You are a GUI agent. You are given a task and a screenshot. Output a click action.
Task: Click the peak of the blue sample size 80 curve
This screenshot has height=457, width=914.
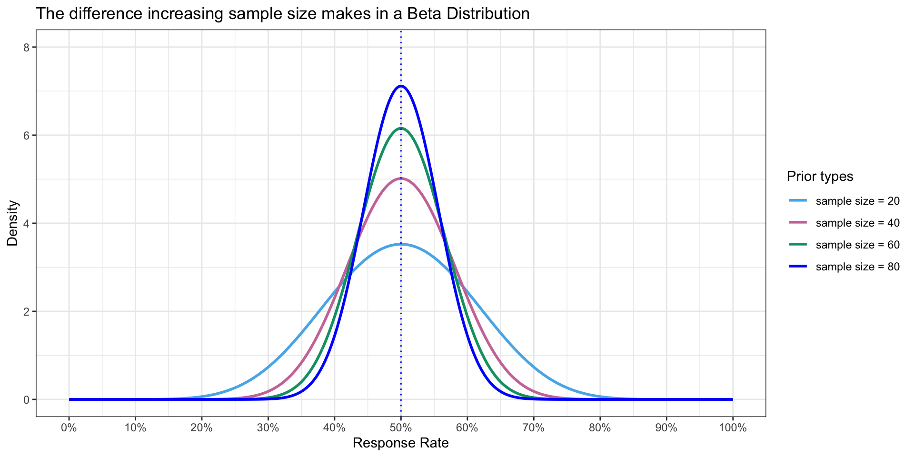pos(401,86)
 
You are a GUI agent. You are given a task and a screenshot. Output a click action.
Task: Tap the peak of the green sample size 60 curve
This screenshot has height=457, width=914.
pos(401,128)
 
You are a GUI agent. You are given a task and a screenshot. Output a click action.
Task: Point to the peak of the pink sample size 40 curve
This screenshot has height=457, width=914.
pos(401,179)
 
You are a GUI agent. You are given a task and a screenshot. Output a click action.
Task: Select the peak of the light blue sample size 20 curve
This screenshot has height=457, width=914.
pos(401,244)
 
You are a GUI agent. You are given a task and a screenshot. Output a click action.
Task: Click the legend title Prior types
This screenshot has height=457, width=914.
pos(820,177)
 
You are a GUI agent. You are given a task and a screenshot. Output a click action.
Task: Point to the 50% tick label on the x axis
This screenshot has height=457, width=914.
pos(401,428)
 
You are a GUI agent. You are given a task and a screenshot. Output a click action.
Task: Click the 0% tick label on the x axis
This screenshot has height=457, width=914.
pos(69,428)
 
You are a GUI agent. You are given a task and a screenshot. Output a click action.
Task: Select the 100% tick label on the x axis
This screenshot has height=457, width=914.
pos(733,428)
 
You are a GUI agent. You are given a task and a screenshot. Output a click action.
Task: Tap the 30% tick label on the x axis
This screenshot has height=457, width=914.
pos(268,428)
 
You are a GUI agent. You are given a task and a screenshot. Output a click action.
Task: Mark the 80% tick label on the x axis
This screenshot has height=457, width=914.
pos(600,428)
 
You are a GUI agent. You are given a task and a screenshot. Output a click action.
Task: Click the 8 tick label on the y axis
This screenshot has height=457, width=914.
pos(27,47)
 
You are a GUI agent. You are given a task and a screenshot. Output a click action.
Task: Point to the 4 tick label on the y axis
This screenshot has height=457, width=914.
pos(27,223)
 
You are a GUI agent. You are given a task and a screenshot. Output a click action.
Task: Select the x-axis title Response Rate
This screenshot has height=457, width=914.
pos(401,444)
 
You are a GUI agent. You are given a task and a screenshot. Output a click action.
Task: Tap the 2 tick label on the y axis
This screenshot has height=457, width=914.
pos(27,311)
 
